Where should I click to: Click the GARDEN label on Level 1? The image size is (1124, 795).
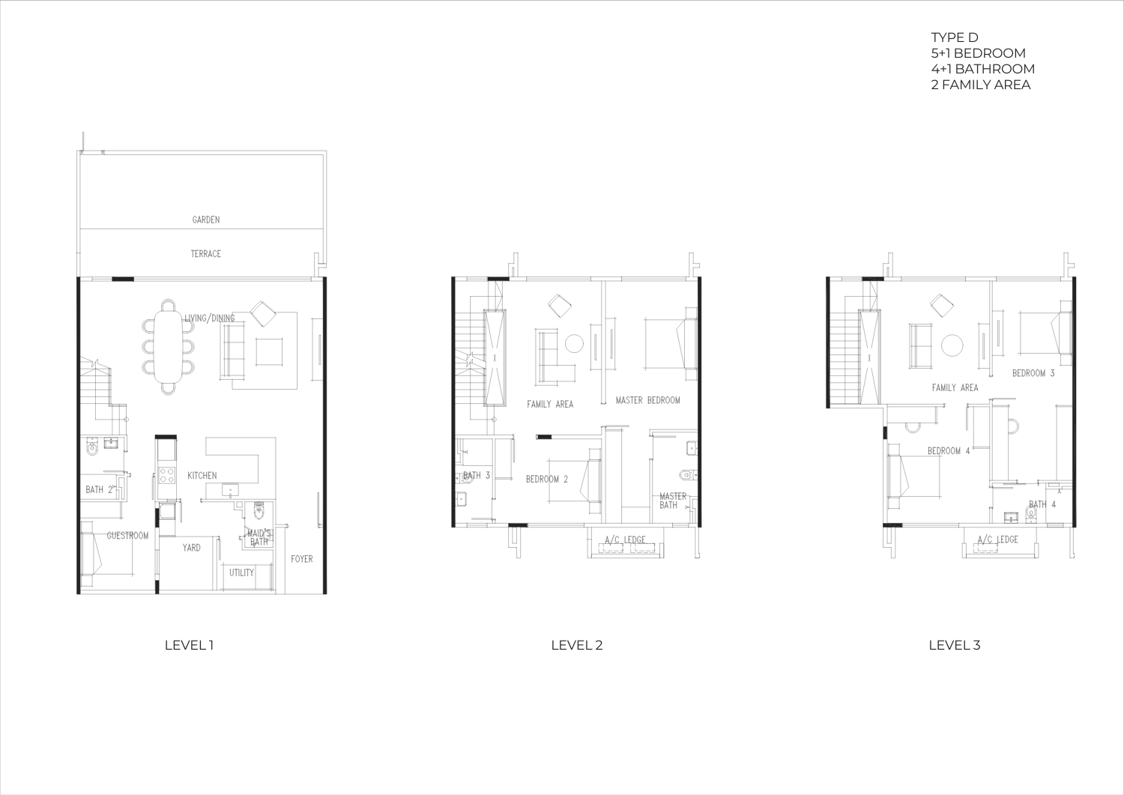point(206,220)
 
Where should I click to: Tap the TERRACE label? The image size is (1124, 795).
point(206,254)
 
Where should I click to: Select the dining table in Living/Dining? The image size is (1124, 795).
point(168,346)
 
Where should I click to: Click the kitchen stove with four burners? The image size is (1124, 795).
point(166,475)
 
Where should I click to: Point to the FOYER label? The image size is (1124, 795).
point(301,559)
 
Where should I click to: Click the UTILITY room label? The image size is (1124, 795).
point(241,572)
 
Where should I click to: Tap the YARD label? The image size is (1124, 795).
point(191,548)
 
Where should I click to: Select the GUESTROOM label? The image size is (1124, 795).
point(127,536)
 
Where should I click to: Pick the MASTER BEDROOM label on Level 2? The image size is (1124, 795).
point(648,401)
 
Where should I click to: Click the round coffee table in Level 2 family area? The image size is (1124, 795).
point(574,344)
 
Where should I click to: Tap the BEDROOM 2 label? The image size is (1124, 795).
point(547,480)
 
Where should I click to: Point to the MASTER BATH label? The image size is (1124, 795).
point(672,501)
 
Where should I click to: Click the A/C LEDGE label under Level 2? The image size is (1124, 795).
point(625,540)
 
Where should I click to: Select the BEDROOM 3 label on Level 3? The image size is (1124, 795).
point(1033,373)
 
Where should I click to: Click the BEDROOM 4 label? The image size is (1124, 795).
point(949,451)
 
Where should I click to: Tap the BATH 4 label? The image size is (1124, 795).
point(1042,504)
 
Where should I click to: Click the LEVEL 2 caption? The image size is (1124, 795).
point(576,645)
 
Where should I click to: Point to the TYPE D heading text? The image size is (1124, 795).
point(955,37)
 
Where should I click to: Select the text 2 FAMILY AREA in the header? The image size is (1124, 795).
point(980,85)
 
